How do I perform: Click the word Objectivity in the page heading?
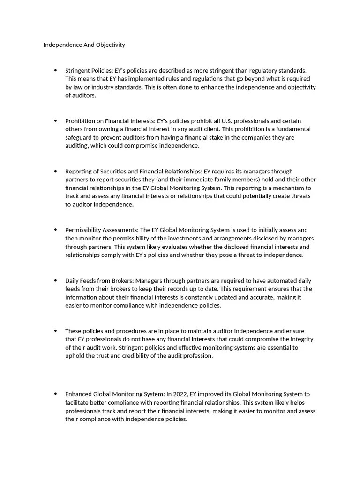pos(109,45)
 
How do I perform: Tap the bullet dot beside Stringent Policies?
pos(55,70)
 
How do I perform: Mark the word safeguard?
pos(80,137)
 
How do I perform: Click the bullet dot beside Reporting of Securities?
pos(55,171)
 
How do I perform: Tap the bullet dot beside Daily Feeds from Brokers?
pos(55,280)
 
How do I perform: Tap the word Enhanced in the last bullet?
pos(78,394)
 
